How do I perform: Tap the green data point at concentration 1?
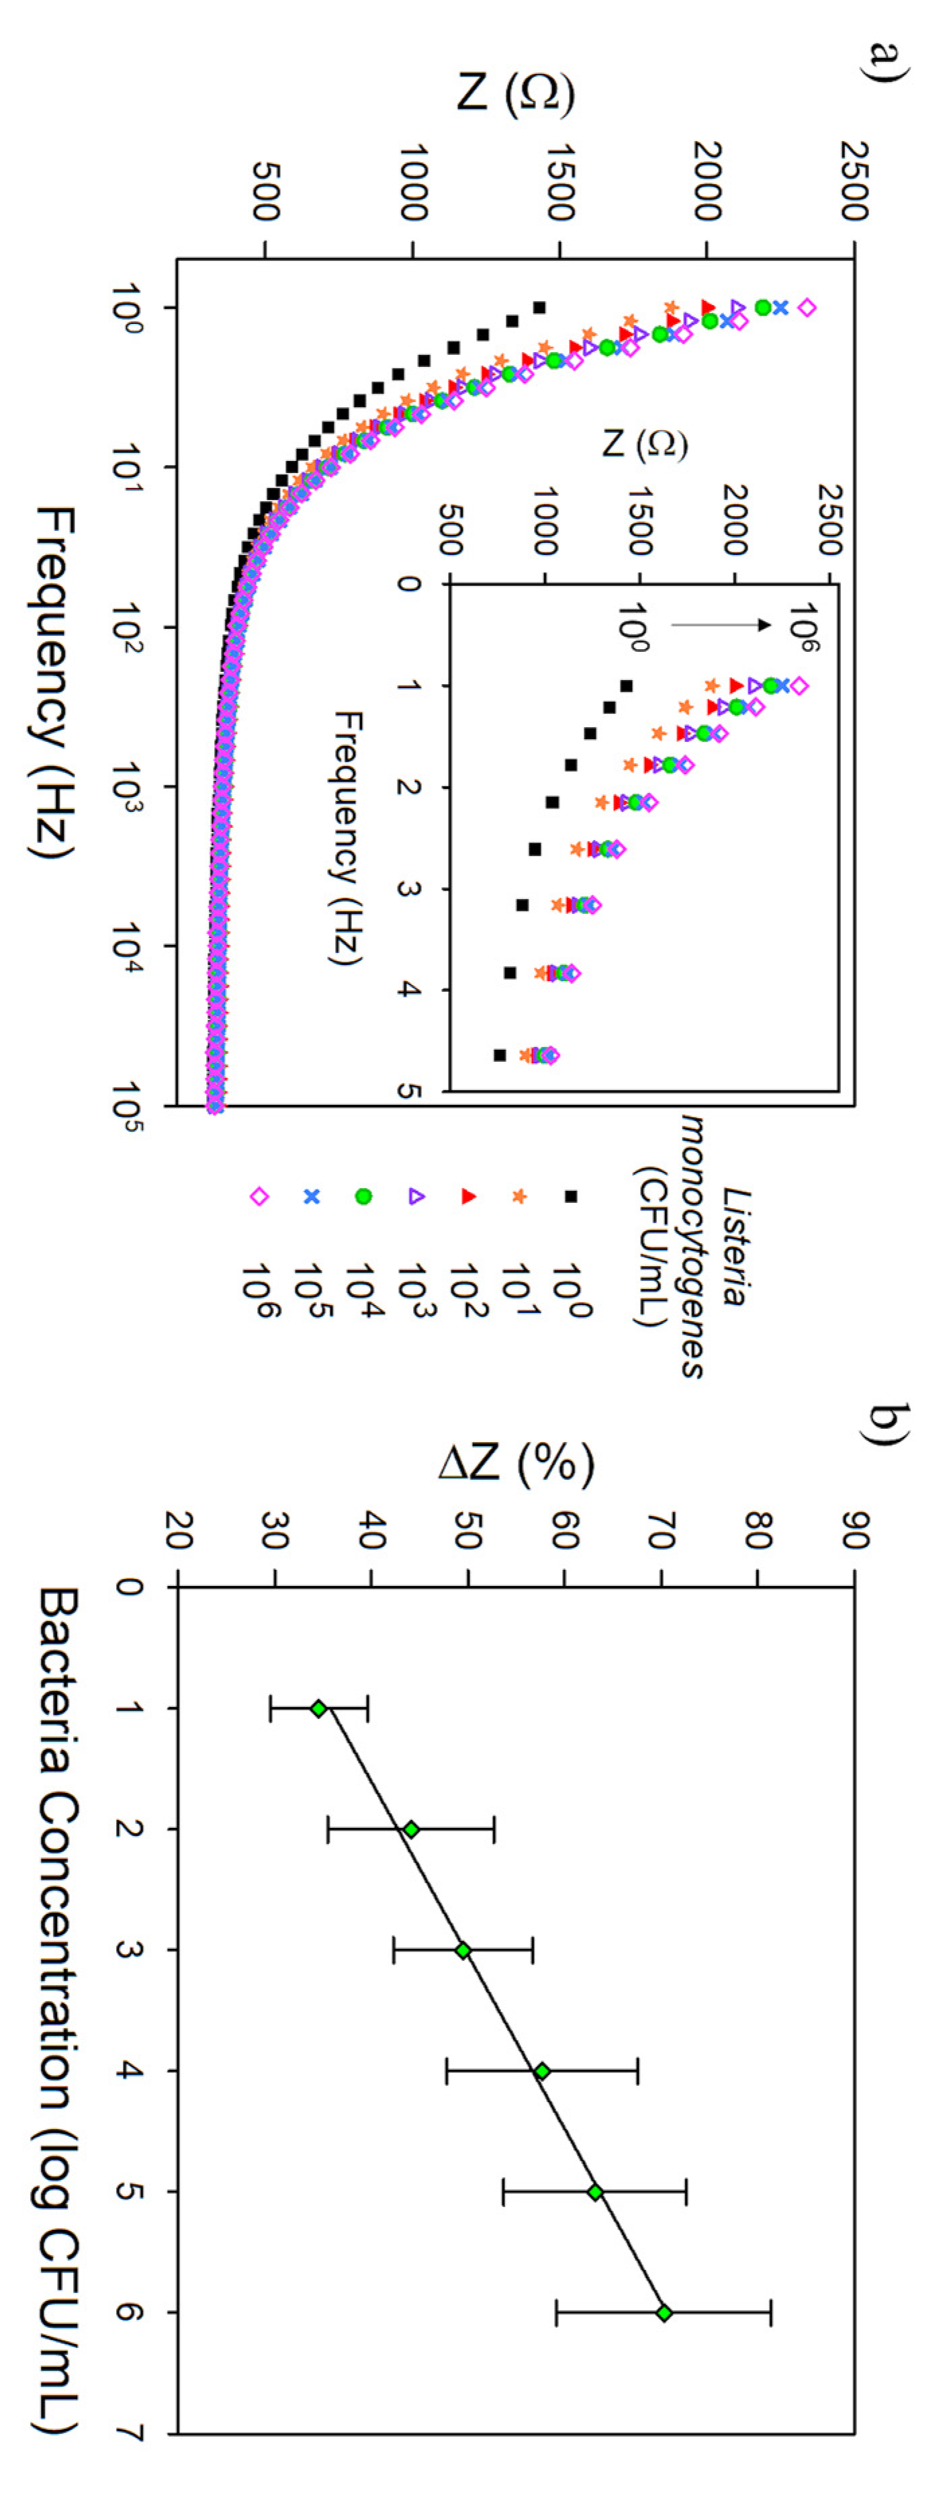click(x=318, y=1708)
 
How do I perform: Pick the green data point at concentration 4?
click(x=542, y=2070)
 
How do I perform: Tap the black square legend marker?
click(x=571, y=1196)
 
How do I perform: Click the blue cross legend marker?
click(x=312, y=1196)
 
